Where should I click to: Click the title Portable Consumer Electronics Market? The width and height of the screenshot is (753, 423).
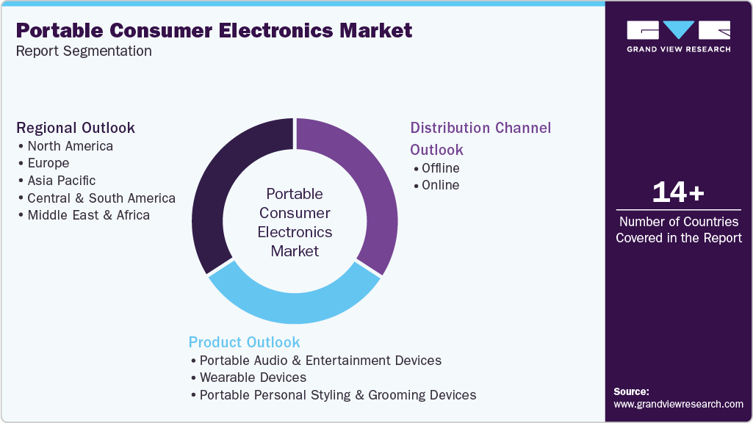(x=214, y=30)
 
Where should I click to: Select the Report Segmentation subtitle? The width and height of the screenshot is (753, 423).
(x=84, y=51)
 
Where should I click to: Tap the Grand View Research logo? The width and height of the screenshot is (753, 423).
(x=678, y=36)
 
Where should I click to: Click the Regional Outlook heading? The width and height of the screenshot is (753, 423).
(x=76, y=128)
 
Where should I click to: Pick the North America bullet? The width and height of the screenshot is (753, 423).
(x=70, y=145)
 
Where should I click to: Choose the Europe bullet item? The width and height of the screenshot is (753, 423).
(x=48, y=163)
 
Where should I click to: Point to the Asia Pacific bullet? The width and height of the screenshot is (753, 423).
(x=62, y=180)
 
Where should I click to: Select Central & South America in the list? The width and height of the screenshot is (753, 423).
(x=101, y=198)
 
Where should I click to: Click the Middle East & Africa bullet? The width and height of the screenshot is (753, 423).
(x=88, y=215)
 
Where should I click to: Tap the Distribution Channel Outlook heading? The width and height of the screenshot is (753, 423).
(x=480, y=138)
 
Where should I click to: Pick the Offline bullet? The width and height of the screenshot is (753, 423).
(x=440, y=168)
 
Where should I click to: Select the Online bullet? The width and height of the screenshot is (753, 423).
(x=440, y=185)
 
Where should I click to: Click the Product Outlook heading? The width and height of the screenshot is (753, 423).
(x=244, y=342)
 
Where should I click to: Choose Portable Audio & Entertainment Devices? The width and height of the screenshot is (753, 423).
(x=320, y=361)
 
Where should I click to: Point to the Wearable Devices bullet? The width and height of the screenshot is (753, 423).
(x=253, y=377)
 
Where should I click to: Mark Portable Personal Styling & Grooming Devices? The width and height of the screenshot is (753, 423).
(x=338, y=395)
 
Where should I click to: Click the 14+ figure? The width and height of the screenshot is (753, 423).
(x=678, y=192)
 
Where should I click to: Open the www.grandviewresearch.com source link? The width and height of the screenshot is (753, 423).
(x=678, y=404)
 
